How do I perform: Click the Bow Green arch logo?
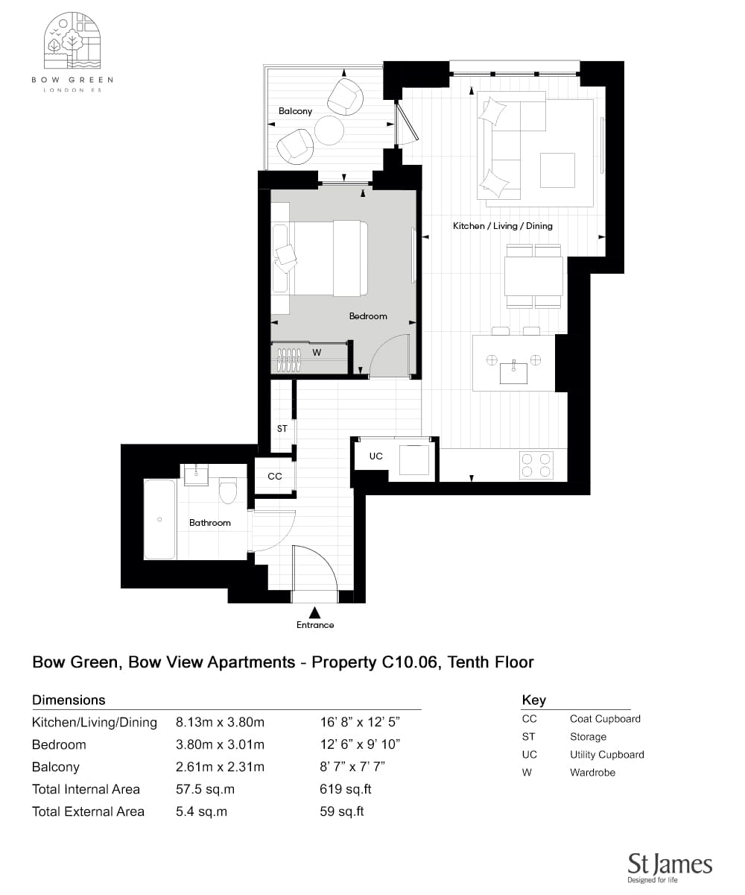pos(72,41)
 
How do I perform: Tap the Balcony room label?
pos(295,111)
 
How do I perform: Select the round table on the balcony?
pos(329,131)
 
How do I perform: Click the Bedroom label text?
pos(368,316)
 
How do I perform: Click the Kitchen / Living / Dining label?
pos(502,226)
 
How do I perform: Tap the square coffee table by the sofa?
pos(557,170)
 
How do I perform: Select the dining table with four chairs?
pos(533,276)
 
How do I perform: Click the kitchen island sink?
pos(513,371)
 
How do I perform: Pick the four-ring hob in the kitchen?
pos(536,465)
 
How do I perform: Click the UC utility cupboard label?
pos(376,456)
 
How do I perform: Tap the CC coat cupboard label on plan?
pos(274,477)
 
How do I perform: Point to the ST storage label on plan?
pos(282,428)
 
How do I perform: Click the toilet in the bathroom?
pos(227,490)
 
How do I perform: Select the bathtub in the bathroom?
pos(159,520)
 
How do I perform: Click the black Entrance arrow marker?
pos(314,612)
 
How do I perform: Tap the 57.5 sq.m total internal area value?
pos(205,789)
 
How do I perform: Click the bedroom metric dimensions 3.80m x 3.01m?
pos(220,744)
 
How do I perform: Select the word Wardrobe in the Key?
pos(592,773)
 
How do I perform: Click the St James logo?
pos(670,867)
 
